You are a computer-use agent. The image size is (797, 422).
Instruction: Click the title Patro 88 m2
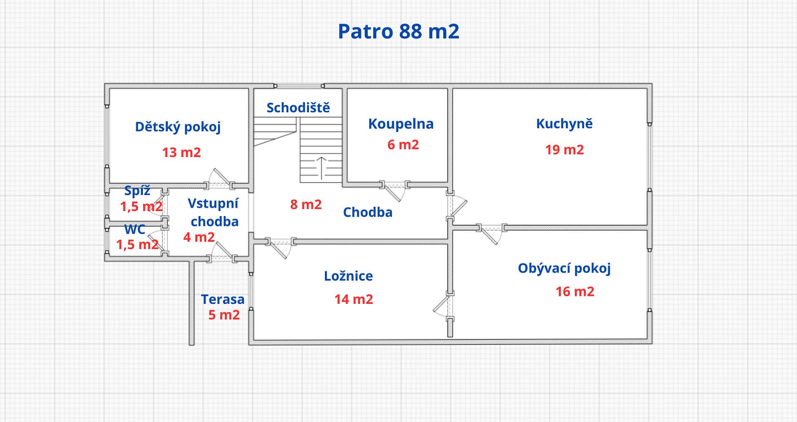click(x=398, y=31)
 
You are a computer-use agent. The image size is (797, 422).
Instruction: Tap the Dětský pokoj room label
click(x=178, y=127)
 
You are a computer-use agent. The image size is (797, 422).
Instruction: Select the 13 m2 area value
click(x=181, y=152)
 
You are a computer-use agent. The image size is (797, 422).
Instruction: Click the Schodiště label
click(x=298, y=108)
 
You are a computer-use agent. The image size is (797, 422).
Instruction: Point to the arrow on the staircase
click(x=322, y=168)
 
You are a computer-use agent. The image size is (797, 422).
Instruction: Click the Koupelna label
click(x=401, y=124)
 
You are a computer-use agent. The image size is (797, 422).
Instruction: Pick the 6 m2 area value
click(x=403, y=145)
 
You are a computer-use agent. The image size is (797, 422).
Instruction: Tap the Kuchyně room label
click(x=564, y=124)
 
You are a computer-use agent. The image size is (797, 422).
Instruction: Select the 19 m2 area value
click(x=564, y=150)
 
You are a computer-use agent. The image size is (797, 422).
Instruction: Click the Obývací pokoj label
click(x=564, y=268)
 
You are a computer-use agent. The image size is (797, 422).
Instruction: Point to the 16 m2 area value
click(x=575, y=292)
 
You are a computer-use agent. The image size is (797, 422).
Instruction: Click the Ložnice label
click(x=348, y=276)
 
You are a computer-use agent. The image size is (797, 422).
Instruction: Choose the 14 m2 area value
click(x=354, y=300)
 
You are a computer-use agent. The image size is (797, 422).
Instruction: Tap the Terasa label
click(x=223, y=299)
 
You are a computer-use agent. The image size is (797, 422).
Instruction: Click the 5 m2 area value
click(x=224, y=315)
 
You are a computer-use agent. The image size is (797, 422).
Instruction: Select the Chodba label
click(x=368, y=212)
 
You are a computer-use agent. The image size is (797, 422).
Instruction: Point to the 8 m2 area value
click(x=306, y=205)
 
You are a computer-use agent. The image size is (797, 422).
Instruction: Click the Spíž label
click(x=137, y=191)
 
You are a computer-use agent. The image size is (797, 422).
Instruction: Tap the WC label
click(x=135, y=230)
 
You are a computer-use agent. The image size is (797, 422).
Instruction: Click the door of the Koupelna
click(x=395, y=192)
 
